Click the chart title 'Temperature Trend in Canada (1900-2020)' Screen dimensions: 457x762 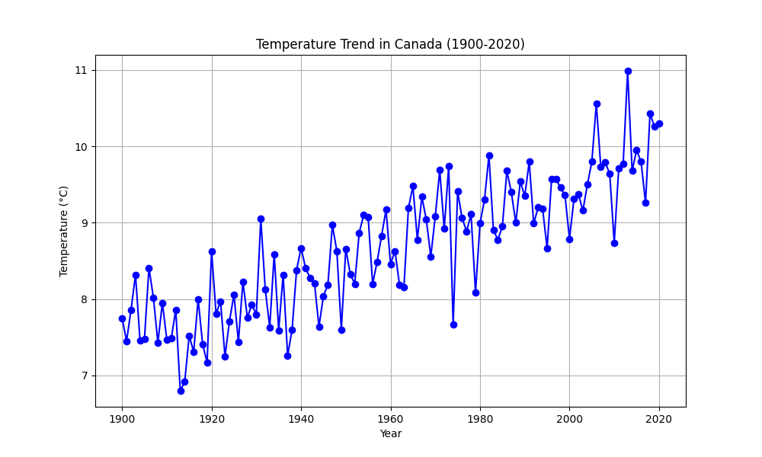390,44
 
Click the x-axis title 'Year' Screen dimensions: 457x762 390,433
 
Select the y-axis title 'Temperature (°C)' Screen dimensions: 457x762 64,231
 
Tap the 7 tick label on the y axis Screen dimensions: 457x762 84,376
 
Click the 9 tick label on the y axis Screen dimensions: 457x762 84,223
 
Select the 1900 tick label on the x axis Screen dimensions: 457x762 122,419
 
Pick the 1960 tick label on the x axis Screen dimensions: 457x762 390,419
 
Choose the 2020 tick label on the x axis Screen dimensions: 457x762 659,419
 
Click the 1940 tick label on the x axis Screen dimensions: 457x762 301,419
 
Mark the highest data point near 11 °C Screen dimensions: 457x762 628,71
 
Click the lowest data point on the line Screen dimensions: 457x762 181,391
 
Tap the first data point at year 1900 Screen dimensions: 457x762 122,318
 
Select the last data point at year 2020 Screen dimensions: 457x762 659,123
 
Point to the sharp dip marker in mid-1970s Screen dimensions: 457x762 453,324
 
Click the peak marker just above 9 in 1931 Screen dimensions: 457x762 261,219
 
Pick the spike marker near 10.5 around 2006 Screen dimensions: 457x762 597,104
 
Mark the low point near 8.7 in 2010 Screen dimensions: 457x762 614,243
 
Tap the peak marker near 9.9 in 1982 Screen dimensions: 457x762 489,155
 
